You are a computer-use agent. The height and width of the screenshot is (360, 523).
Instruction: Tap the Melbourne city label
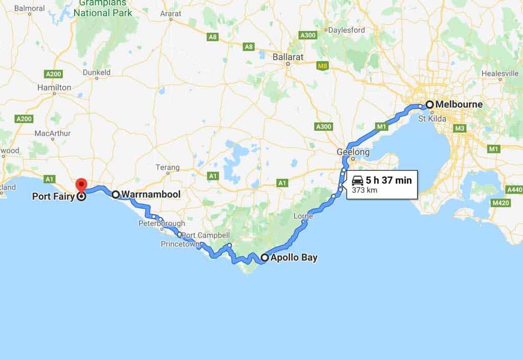point(459,105)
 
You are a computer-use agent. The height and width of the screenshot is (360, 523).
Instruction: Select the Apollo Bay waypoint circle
point(265,258)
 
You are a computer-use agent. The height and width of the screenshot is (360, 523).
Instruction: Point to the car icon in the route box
point(358,181)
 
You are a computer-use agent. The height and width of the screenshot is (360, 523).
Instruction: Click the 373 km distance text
point(361,191)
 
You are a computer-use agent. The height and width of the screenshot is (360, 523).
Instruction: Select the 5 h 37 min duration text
point(388,181)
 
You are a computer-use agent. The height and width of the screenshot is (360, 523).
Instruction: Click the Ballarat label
point(288,57)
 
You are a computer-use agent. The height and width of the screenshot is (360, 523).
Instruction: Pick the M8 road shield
point(322,65)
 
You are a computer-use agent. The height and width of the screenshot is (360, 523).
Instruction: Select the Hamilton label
point(54,87)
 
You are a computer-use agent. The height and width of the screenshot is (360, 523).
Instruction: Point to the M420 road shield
point(500,203)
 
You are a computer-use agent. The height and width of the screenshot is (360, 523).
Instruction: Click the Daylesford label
point(347,30)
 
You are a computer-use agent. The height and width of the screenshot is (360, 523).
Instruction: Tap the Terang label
point(168,167)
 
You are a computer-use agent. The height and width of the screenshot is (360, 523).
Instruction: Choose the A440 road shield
point(514,189)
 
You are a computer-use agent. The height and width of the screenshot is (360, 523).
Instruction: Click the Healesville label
point(500,74)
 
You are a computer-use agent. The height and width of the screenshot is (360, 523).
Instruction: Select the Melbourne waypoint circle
point(430,105)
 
